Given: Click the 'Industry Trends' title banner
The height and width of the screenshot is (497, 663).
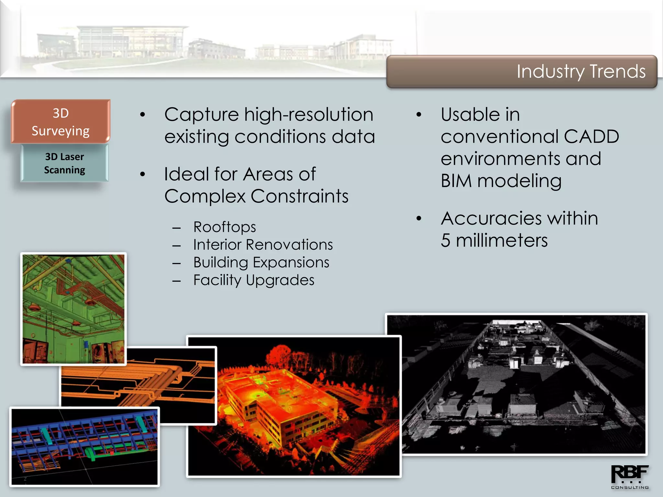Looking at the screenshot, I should click(522, 72).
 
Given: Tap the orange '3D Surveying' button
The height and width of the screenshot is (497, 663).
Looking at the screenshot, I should click(61, 122).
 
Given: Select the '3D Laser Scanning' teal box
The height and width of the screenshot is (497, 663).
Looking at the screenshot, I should click(64, 163).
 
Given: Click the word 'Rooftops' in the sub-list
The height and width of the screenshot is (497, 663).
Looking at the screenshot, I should click(224, 227).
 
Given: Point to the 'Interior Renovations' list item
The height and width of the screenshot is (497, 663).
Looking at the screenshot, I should click(263, 245).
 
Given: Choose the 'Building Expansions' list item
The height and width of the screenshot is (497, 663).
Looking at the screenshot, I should click(261, 262).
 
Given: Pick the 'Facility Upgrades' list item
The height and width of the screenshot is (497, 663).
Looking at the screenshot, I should click(253, 280).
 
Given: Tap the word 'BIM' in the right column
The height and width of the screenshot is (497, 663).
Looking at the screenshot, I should click(456, 181).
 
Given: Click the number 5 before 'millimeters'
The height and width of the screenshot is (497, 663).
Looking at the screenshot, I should click(445, 241).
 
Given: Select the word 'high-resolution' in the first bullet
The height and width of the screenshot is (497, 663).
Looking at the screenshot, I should click(309, 115).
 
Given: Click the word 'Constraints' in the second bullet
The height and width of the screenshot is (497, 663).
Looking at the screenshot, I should click(299, 196).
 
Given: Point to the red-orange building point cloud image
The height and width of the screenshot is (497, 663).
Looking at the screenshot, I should click(294, 406).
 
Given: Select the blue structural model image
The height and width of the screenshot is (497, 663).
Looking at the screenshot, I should click(84, 447).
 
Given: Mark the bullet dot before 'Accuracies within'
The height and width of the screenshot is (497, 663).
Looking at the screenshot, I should click(419, 219).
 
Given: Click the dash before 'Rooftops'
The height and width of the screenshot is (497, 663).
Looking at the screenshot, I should click(176, 228).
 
